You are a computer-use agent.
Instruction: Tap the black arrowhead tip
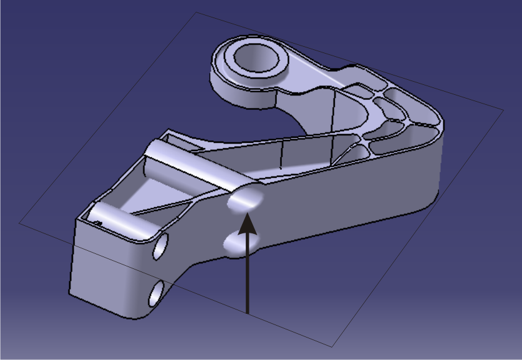[x=248, y=213]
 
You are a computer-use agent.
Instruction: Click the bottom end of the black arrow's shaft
[x=248, y=311]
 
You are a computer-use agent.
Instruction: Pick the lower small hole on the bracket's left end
[x=155, y=292]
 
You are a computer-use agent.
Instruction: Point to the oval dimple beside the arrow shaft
[x=238, y=242]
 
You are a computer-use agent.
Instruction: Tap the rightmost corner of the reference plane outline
[x=504, y=111]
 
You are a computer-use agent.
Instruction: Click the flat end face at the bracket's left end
[x=103, y=262]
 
